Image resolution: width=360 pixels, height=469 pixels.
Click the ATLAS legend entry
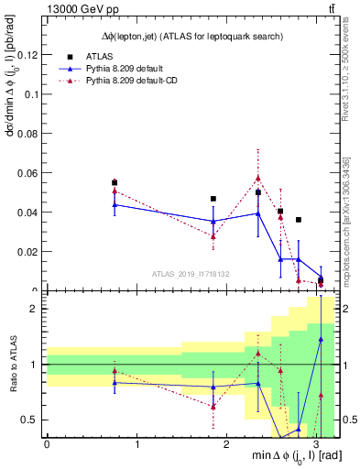(96, 56)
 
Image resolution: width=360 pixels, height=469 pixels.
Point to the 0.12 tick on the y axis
(27, 55)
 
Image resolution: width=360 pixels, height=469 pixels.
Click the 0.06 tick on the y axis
(27, 173)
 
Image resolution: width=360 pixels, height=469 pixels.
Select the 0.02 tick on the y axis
(27, 252)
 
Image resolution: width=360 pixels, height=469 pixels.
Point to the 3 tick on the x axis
(315, 445)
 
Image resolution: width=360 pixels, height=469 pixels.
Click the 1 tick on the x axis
(136, 445)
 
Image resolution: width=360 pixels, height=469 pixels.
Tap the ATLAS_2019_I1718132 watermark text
(191, 273)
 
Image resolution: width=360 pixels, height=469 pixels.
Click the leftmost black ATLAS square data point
(115, 182)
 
